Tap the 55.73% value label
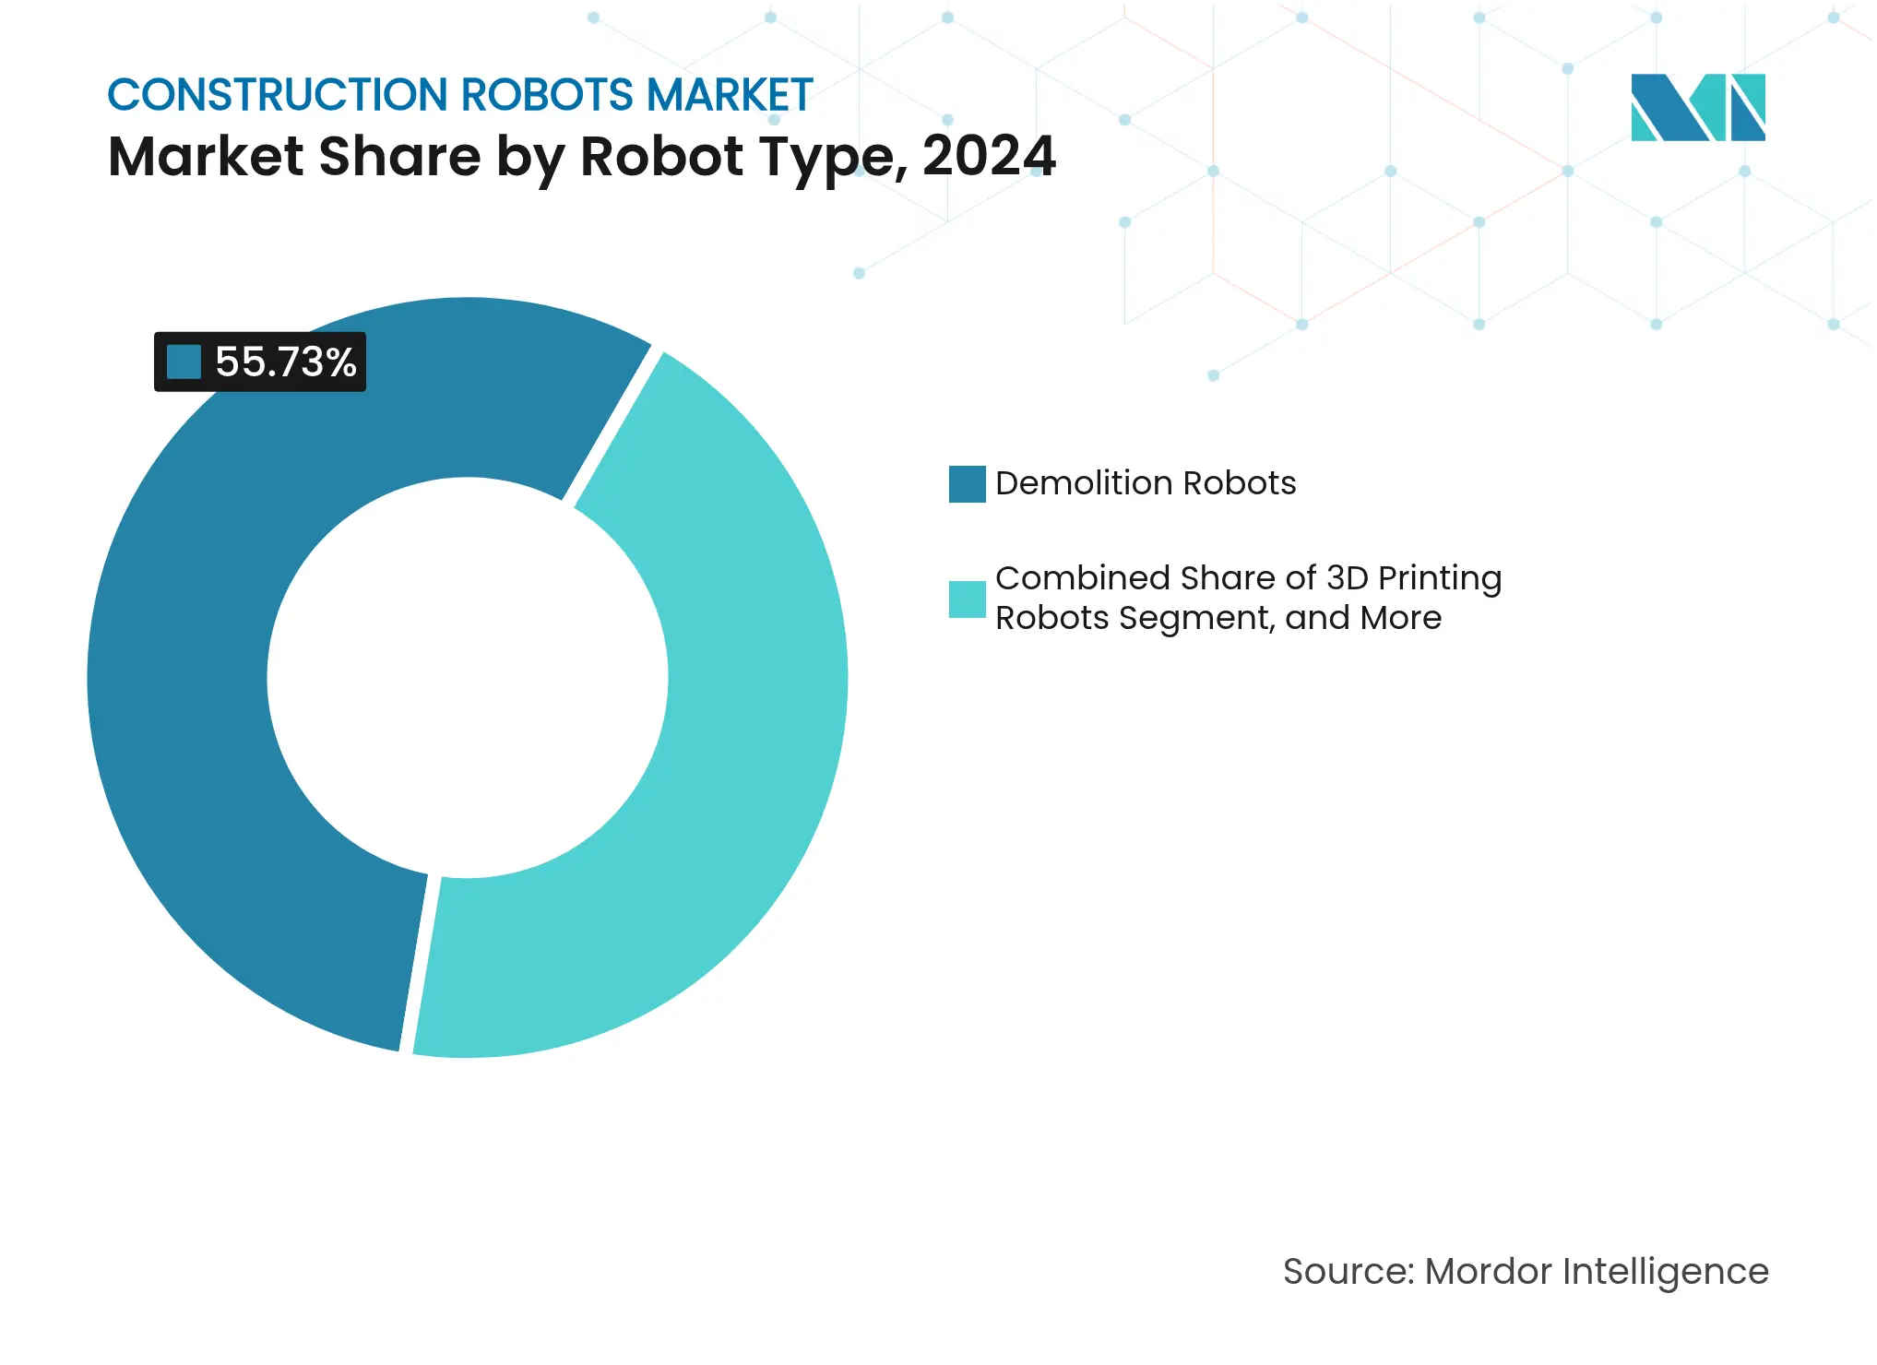(x=285, y=362)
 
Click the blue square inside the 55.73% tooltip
(x=184, y=362)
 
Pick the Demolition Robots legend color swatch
(x=967, y=484)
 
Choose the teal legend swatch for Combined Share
(x=967, y=599)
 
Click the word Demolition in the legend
(x=1084, y=483)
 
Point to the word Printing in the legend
(x=1440, y=578)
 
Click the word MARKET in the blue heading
(x=730, y=95)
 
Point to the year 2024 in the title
(x=989, y=156)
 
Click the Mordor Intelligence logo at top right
(x=1697, y=107)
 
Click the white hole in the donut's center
(x=468, y=678)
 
